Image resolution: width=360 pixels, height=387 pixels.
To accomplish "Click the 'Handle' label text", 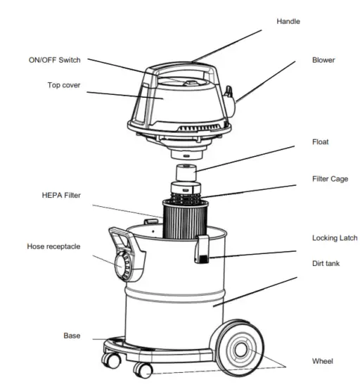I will click(289, 22).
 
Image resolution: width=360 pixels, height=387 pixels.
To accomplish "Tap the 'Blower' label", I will click(323, 61).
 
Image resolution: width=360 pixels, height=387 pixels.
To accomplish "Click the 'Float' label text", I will click(321, 142).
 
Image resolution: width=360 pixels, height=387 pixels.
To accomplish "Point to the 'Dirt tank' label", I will click(327, 263).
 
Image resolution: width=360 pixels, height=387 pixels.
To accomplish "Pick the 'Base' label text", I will click(72, 336).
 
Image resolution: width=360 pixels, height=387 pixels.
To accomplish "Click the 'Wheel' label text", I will click(323, 361).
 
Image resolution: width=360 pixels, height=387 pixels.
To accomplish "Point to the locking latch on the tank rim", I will click(202, 250).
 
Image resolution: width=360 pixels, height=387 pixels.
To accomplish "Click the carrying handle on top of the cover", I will click(179, 70).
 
